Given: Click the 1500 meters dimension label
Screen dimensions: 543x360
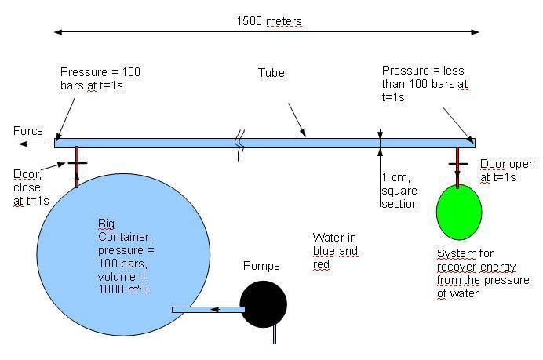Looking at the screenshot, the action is [269, 21].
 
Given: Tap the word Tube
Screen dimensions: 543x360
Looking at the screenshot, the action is [271, 73].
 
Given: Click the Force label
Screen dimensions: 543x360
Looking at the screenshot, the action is [28, 131].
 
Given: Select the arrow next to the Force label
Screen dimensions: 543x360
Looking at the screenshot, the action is [32, 144].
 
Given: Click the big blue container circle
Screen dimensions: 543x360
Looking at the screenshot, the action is [123, 254].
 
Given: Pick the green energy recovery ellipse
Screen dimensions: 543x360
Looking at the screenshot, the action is [459, 212].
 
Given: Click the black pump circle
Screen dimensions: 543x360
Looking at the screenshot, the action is [264, 304].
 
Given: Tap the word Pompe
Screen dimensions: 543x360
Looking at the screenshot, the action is [261, 266].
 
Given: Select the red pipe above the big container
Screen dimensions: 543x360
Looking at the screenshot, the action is [77, 167].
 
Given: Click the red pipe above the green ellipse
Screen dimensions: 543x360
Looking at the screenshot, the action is [457, 168].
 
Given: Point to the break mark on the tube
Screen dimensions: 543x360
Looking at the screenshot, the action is [240, 145].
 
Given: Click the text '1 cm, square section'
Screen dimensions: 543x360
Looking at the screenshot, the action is [399, 191].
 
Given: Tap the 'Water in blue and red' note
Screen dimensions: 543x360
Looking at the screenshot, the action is [335, 251].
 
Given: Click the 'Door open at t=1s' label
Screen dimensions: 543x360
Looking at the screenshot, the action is [508, 171].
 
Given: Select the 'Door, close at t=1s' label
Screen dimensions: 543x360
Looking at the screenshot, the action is [31, 187].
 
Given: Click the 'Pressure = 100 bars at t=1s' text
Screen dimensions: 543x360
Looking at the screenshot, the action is [100, 78].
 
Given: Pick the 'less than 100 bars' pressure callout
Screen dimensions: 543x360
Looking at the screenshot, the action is [425, 84].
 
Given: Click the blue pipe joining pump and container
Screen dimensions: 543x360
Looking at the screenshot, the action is [209, 310].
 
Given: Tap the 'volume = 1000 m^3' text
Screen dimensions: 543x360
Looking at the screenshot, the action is [124, 283].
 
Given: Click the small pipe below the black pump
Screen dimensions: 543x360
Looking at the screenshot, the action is [275, 334].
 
